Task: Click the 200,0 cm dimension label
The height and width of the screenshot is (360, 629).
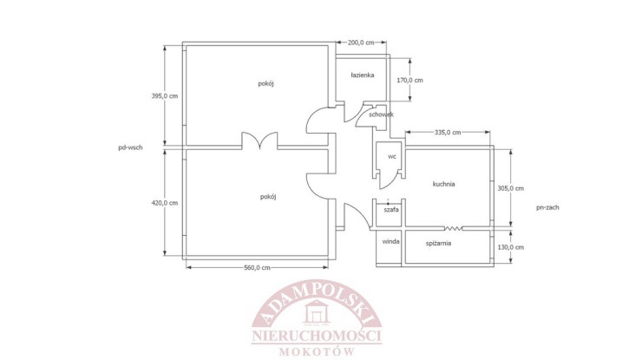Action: coord(361,43)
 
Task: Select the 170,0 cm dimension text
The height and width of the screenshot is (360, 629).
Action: coord(410,80)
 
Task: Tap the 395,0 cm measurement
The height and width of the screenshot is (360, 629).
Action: coord(165,96)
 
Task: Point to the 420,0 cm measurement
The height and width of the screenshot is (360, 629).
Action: coord(165,203)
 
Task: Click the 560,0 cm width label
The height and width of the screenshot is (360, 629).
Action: coord(257,268)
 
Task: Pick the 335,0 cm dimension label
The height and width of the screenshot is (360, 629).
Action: coord(448,133)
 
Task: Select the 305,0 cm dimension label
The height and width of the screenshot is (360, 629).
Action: coord(511,188)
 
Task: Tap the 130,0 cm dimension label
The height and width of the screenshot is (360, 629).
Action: coord(511,247)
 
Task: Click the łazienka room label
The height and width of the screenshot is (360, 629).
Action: coord(363,75)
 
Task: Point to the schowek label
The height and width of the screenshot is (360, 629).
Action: coord(381,115)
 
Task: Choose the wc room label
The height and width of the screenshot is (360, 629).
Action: coord(392,156)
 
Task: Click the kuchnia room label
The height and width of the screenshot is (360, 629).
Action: coord(443,184)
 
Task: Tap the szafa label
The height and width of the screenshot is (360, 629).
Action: coord(391,209)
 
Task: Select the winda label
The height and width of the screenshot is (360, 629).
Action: coord(390,241)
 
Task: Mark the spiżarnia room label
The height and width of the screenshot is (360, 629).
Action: coord(438,244)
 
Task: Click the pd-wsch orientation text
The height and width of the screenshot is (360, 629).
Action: coord(130,147)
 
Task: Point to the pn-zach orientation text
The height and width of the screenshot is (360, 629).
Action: coord(547,207)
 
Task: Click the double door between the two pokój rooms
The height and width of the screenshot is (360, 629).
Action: coord(259,141)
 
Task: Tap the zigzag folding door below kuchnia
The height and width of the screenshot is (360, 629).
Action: coord(453,228)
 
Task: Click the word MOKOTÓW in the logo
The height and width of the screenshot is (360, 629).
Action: coord(317,352)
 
